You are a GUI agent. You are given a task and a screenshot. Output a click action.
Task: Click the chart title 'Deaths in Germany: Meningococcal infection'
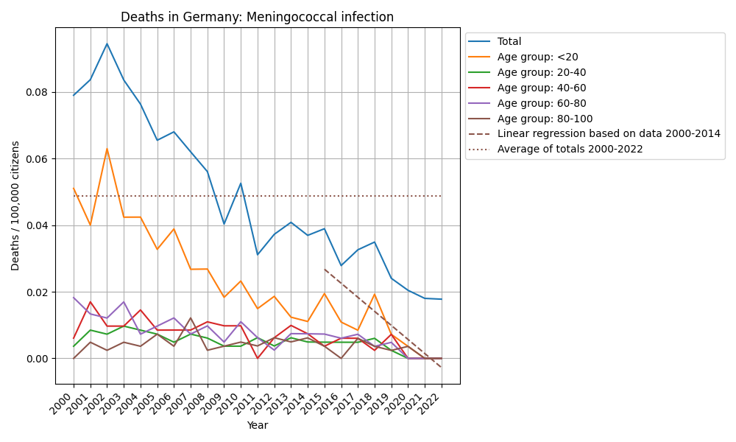click(257, 17)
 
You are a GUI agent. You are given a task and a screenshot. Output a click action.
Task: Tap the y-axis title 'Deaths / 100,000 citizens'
click(15, 206)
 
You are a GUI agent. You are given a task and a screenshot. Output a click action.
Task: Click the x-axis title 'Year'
click(257, 425)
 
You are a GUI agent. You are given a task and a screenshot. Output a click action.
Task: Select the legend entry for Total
click(509, 42)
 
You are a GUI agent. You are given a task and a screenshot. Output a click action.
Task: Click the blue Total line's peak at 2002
click(107, 43)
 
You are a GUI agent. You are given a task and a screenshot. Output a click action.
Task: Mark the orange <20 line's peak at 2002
click(107, 149)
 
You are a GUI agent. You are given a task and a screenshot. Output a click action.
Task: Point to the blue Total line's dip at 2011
click(258, 255)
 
